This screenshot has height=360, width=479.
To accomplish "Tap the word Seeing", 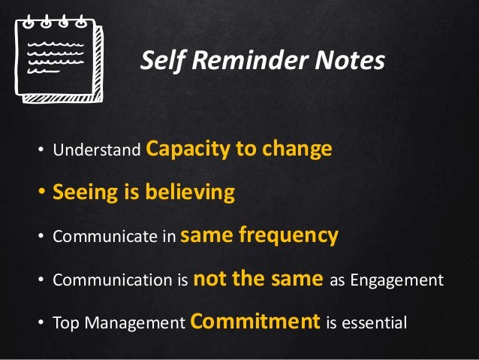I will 81,193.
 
